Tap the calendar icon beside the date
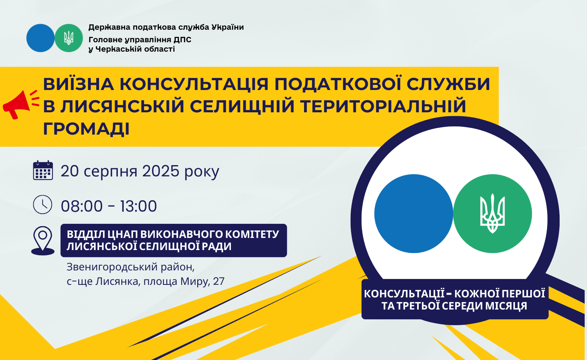(43, 170)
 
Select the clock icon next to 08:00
(42, 204)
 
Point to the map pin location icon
(43, 241)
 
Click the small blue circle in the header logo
(40, 38)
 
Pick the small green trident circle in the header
(68, 38)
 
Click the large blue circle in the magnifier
(414, 214)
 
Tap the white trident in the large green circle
(492, 214)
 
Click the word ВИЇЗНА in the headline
(78, 84)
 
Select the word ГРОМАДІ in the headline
(86, 129)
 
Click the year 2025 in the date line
(160, 171)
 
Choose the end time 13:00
(139, 206)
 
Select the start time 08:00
(81, 206)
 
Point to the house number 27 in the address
(219, 281)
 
